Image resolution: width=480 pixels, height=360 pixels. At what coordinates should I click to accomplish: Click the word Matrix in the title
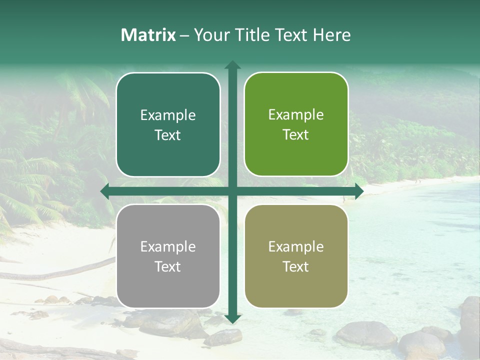pyautogui.click(x=148, y=35)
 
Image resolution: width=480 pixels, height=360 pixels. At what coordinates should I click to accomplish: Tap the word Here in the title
pyautogui.click(x=331, y=35)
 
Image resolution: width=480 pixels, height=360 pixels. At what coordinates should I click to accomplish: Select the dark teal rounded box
pyautogui.click(x=168, y=124)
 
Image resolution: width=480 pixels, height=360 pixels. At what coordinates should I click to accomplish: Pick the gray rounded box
pyautogui.click(x=168, y=256)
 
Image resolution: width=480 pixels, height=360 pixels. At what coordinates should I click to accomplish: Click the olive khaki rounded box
pyautogui.click(x=296, y=256)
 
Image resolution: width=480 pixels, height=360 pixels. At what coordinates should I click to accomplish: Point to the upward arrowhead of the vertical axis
pyautogui.click(x=232, y=65)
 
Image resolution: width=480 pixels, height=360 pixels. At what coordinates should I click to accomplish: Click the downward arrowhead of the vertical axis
pyautogui.click(x=232, y=319)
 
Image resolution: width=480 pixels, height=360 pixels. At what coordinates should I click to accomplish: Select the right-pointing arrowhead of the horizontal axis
pyautogui.click(x=359, y=191)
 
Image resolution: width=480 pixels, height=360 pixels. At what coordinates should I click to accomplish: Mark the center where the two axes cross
pyautogui.click(x=232, y=191)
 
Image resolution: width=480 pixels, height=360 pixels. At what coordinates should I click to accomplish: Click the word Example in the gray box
pyautogui.click(x=168, y=246)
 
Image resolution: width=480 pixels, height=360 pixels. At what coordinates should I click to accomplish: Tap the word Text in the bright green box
pyautogui.click(x=296, y=134)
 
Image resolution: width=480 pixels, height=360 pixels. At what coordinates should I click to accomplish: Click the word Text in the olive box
pyautogui.click(x=296, y=266)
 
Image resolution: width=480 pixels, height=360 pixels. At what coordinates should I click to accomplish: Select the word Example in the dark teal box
pyautogui.click(x=168, y=115)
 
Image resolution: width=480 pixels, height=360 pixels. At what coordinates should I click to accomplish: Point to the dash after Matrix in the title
pyautogui.click(x=184, y=35)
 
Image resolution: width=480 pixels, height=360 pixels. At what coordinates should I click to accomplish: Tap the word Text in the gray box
pyautogui.click(x=168, y=266)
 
